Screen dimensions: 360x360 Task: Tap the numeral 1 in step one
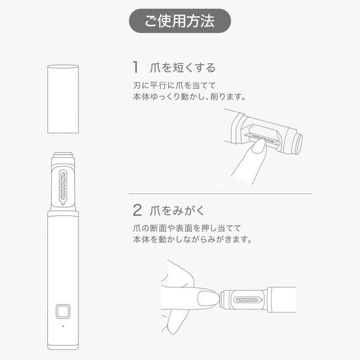click(135, 67)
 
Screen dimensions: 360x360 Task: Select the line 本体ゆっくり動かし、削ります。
click(189, 98)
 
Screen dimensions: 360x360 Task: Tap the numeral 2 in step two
click(137, 210)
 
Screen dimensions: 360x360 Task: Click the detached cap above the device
click(63, 98)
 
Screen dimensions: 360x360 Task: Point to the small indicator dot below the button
click(63, 327)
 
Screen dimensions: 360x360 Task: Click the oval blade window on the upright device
click(63, 187)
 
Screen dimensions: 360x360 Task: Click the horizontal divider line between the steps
click(220, 193)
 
